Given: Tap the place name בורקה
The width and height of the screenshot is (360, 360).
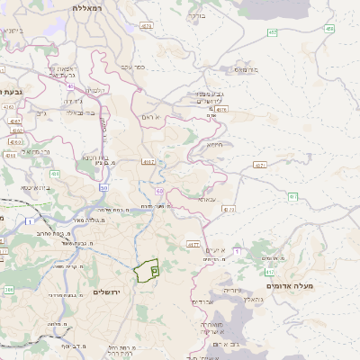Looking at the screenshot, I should tap(196, 16).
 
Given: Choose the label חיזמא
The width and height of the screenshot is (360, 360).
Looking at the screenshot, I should tap(214, 144).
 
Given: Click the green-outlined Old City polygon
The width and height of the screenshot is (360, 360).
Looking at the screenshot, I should tap(147, 270).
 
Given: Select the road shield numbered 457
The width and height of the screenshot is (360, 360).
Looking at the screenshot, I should tap(272, 32).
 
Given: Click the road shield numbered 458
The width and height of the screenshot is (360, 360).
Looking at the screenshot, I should tap(329, 29).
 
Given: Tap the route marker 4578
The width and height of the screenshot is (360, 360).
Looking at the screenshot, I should tap(147, 27).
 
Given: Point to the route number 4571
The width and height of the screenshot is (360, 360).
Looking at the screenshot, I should tap(260, 166).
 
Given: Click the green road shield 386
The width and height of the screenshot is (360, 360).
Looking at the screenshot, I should tap(8, 290).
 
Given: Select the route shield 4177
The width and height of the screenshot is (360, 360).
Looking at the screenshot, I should tap(193, 244).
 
